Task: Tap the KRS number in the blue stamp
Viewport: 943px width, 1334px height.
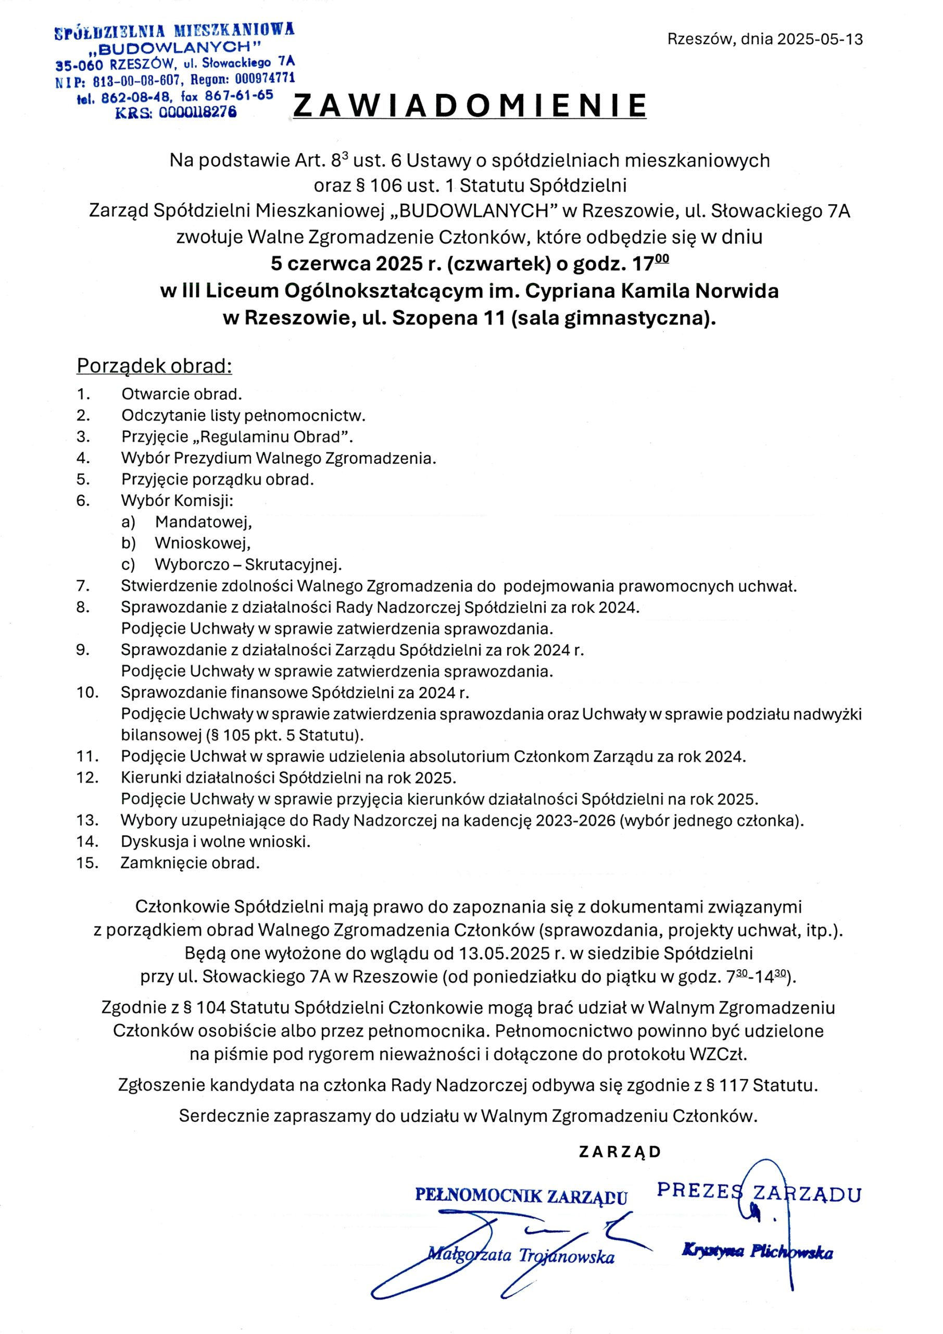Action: click(x=197, y=113)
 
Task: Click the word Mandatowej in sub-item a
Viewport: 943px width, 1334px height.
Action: click(x=203, y=522)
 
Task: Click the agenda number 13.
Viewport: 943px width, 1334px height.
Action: click(x=87, y=820)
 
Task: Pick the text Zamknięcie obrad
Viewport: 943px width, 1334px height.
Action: click(x=190, y=863)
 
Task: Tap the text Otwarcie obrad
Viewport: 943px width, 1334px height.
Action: click(x=181, y=394)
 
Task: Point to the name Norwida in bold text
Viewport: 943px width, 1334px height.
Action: click(x=737, y=291)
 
